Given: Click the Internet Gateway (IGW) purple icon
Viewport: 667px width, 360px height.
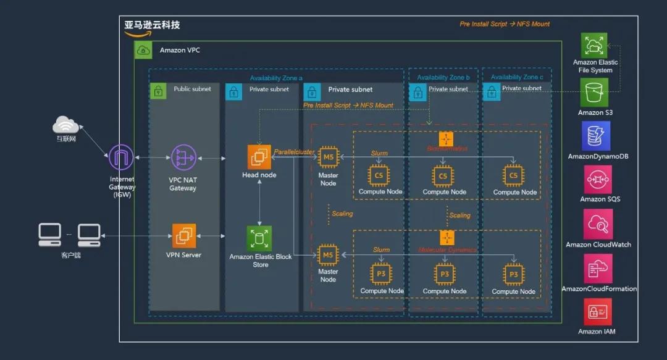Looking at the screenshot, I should (122, 157).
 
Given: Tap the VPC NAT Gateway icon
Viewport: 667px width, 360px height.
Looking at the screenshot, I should (183, 157).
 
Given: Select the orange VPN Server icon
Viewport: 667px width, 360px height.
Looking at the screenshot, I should (184, 236).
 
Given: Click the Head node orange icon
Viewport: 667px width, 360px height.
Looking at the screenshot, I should (259, 157).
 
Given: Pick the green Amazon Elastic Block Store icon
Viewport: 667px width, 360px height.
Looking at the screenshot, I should (259, 238).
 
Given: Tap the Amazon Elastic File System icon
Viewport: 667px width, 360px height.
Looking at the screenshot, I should (594, 46).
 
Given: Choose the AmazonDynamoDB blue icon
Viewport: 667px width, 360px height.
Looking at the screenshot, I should (596, 136).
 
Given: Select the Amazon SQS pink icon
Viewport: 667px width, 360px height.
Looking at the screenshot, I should (598, 180).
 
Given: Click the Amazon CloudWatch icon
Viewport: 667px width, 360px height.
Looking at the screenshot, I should (598, 224).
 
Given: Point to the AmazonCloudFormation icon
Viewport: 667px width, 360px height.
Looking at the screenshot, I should (598, 269).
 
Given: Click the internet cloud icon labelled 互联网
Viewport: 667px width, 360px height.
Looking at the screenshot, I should (65, 125).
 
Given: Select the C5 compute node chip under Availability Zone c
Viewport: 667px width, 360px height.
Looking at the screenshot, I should (513, 176).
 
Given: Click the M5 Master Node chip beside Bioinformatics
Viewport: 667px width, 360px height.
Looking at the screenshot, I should (328, 159).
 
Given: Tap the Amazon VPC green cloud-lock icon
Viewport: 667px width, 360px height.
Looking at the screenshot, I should (143, 50).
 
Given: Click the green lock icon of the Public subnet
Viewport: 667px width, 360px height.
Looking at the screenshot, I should (159, 90).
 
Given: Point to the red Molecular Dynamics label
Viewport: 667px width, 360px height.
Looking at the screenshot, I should (447, 250).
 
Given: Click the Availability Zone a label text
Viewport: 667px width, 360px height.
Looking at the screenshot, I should (276, 78).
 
